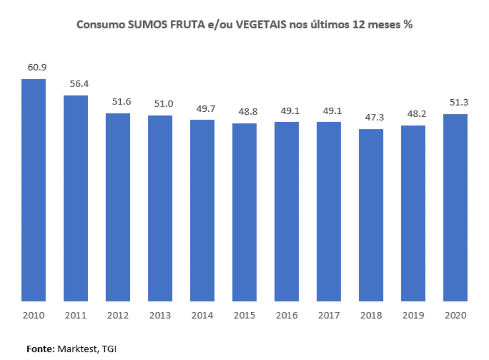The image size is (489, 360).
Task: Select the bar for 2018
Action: point(371,215)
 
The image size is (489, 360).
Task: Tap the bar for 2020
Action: point(455,207)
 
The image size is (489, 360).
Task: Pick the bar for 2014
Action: point(202,210)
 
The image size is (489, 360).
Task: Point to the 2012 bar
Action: point(118,207)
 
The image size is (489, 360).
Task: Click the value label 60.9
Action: point(34,67)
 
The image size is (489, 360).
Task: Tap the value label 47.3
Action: point(371,117)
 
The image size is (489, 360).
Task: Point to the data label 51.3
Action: point(455,102)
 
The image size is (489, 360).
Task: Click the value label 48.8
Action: point(244,112)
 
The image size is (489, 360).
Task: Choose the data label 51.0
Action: point(160,104)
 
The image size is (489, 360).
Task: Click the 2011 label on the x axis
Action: point(76,315)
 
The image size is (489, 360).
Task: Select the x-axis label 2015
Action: point(244,315)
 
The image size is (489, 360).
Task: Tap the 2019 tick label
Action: point(413,315)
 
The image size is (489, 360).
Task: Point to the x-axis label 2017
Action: point(328,315)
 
